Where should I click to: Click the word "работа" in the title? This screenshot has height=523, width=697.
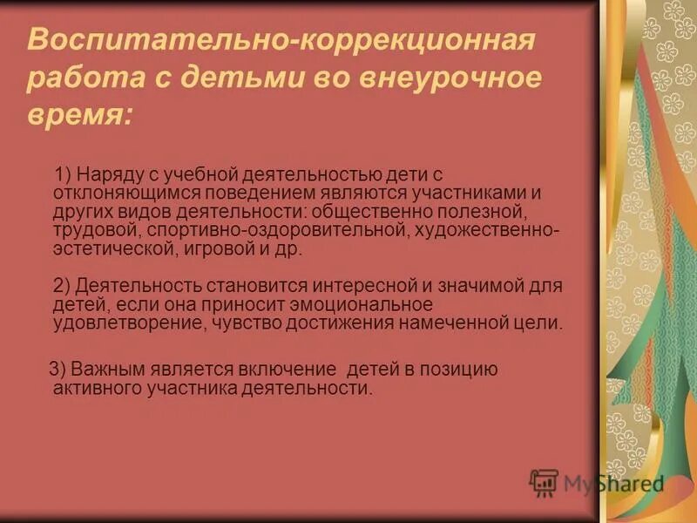[74, 77]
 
